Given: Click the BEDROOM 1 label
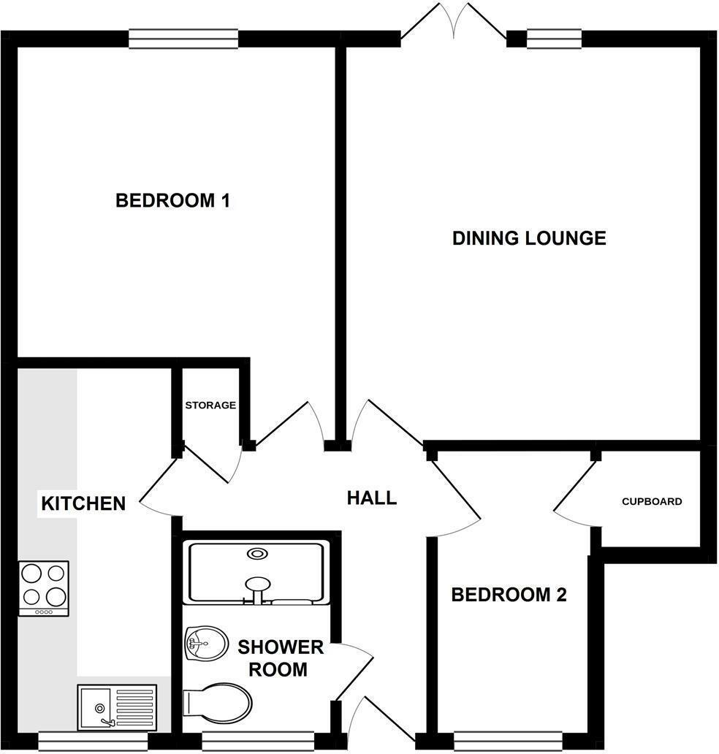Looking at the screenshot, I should pos(173,200).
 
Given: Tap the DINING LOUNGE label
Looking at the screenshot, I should pos(529,238).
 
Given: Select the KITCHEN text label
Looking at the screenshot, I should pos(83,503).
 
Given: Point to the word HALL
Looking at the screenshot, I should pos(371,498).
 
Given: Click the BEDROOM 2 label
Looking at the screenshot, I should pos(509,595).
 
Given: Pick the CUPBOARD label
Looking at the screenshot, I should pos(652,502).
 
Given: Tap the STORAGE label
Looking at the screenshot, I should pos(210,405).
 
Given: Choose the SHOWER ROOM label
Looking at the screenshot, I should pos(281,658).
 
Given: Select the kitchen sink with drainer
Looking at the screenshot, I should pos(117,707).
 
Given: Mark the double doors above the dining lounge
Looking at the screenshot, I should pos(454,22).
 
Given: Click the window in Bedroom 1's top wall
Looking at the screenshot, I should pos(183,38).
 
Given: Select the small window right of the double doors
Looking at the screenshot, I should pos(554,38).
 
